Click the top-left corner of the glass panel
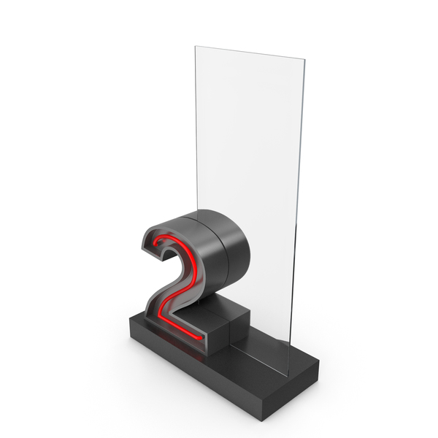(x=195, y=46)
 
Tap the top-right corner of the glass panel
(x=305, y=59)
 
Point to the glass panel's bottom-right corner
(x=288, y=375)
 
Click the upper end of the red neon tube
(x=155, y=244)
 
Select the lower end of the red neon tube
(x=201, y=338)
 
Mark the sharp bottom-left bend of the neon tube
(x=159, y=317)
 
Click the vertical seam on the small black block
(x=230, y=331)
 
